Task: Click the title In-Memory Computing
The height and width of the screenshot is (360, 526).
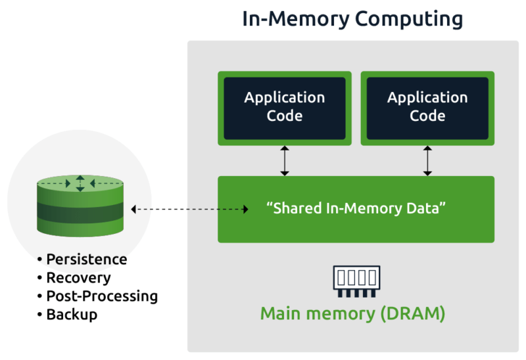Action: (x=352, y=18)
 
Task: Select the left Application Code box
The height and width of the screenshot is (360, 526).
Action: (x=284, y=107)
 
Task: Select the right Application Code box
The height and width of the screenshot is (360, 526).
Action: (x=427, y=107)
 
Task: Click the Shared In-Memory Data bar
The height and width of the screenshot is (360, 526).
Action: (x=356, y=209)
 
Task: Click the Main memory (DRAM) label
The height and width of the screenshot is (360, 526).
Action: (x=352, y=313)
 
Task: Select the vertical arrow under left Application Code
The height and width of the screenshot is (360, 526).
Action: (x=284, y=161)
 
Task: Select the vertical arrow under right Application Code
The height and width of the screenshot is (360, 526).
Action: (x=427, y=161)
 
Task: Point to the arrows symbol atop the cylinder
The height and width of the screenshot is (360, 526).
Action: (x=80, y=183)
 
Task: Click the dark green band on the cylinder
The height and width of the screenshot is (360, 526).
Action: (x=80, y=212)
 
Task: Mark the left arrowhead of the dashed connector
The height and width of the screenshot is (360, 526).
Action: (x=133, y=210)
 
